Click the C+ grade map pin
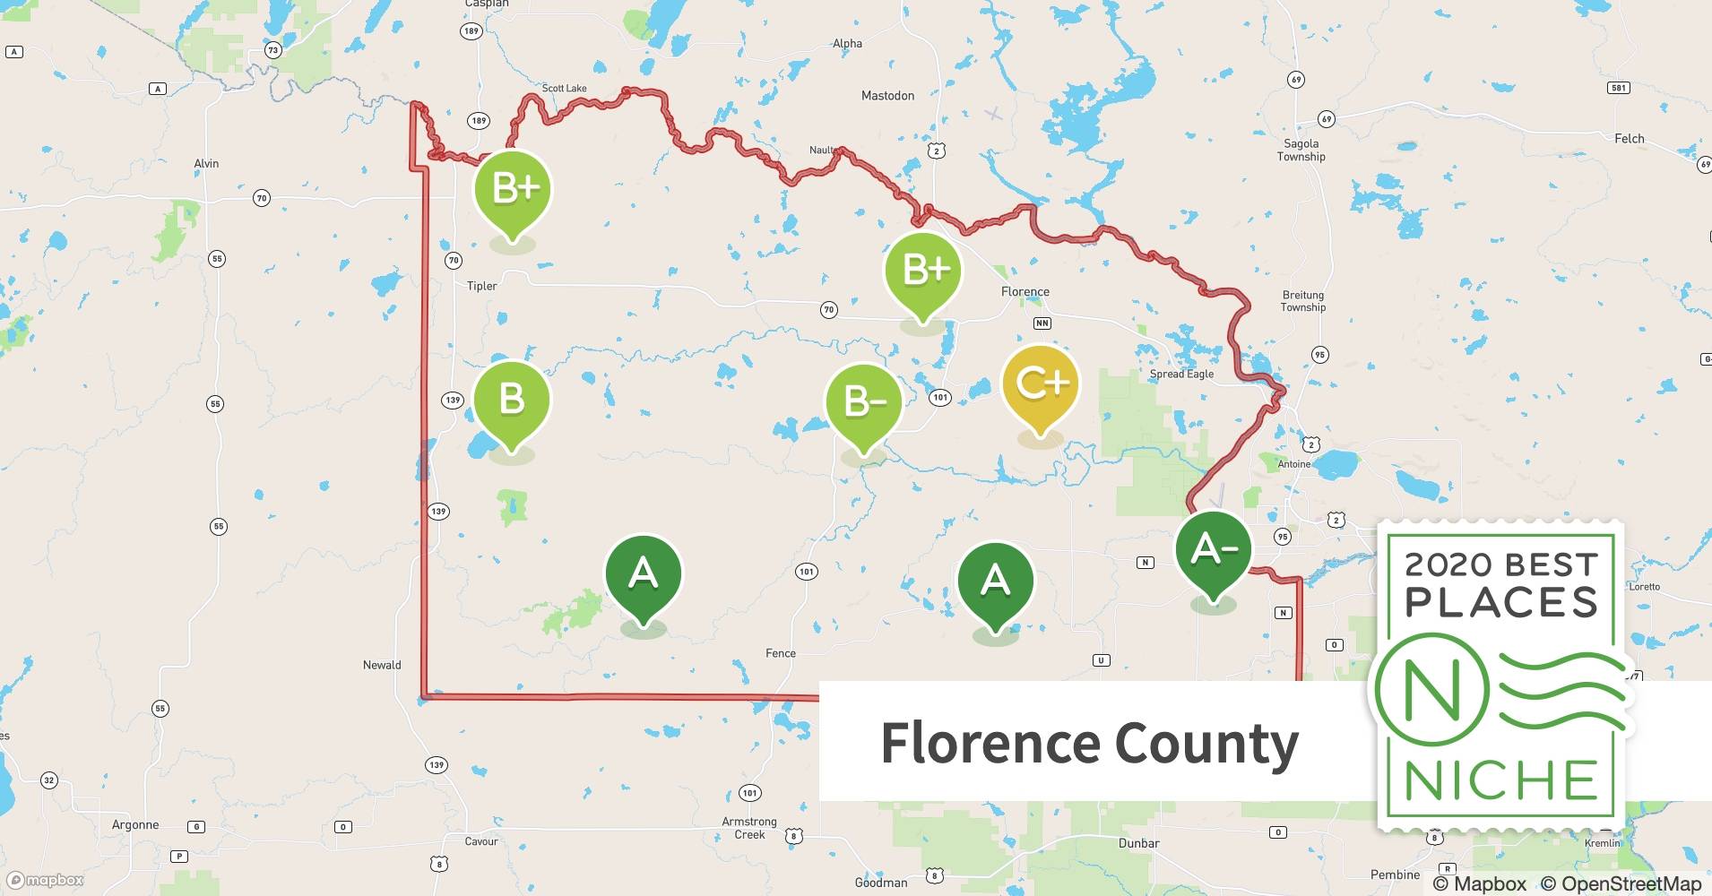tap(1040, 385)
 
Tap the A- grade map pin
tap(1213, 550)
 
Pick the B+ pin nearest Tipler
tap(513, 190)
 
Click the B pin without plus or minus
tap(511, 400)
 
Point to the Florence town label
tap(1025, 292)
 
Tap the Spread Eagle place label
tap(1181, 374)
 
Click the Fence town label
tap(780, 653)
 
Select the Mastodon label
tap(887, 96)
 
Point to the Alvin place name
tap(206, 163)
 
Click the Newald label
tap(382, 665)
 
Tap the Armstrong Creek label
tap(749, 828)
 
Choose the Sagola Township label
tap(1301, 150)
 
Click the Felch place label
tap(1629, 139)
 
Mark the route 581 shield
tap(1618, 88)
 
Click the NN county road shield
tap(1042, 323)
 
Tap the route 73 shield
tap(273, 50)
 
